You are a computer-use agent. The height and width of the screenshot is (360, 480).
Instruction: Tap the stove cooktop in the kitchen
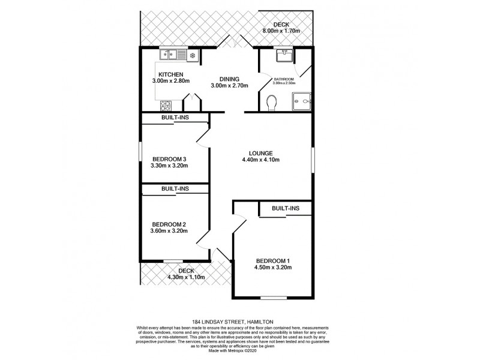[166, 106]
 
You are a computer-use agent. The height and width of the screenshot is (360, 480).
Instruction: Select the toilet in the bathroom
[270, 104]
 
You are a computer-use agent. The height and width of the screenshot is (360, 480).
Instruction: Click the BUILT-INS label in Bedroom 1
[286, 208]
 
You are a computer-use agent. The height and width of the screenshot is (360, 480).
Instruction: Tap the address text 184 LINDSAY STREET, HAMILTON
[240, 321]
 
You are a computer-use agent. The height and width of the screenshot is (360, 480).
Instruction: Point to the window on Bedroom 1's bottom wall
[273, 297]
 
